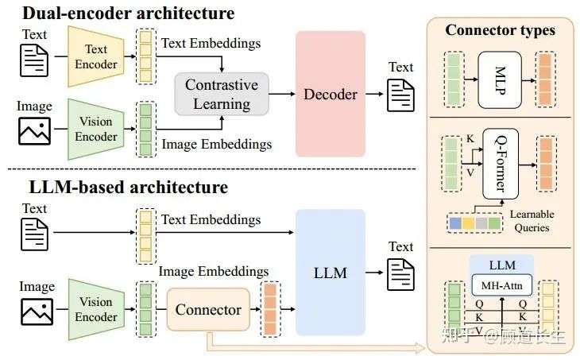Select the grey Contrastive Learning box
tap(222, 94)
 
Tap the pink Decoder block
tap(330, 94)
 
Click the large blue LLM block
tap(330, 273)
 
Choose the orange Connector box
tap(208, 309)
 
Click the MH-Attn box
tap(501, 284)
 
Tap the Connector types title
tap(500, 31)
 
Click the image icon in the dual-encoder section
tap(34, 128)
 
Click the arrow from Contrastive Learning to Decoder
tap(282, 94)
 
